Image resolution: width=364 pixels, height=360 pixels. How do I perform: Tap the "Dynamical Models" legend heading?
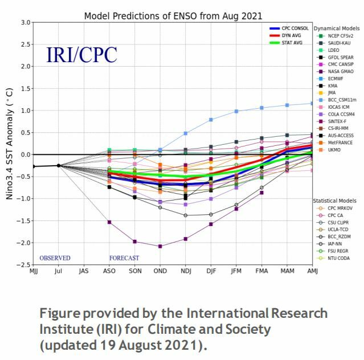tap(336, 27)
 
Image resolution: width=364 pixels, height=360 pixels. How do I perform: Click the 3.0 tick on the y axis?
tap(26, 22)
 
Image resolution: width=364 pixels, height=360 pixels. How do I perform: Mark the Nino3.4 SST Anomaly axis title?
tap(10, 144)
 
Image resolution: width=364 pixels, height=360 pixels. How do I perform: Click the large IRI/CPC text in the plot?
tap(81, 55)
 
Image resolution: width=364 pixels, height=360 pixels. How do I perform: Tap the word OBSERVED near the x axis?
tap(55, 258)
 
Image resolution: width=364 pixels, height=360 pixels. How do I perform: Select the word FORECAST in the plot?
tap(124, 258)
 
